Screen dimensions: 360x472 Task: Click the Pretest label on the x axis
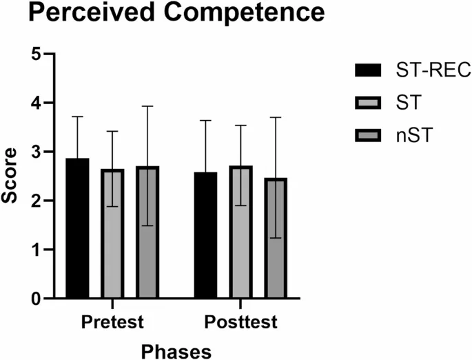112,322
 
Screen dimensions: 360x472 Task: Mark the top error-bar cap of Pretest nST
147,106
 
